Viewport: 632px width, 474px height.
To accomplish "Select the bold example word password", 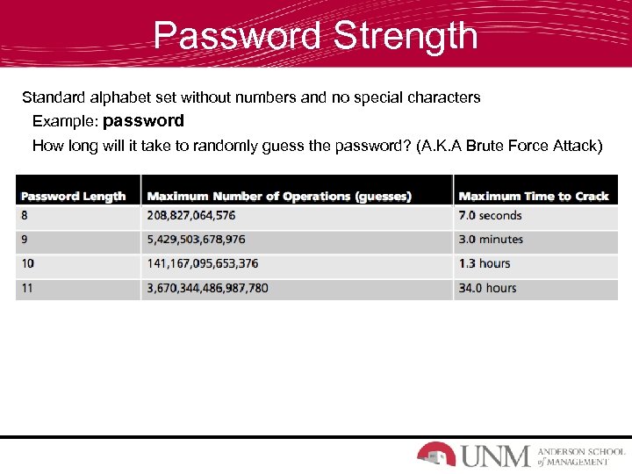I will coord(143,120).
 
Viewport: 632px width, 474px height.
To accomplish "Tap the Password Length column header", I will coord(74,197).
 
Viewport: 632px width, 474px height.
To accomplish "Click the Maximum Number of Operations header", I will coord(279,197).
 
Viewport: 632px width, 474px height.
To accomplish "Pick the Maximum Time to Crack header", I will coord(534,197).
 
